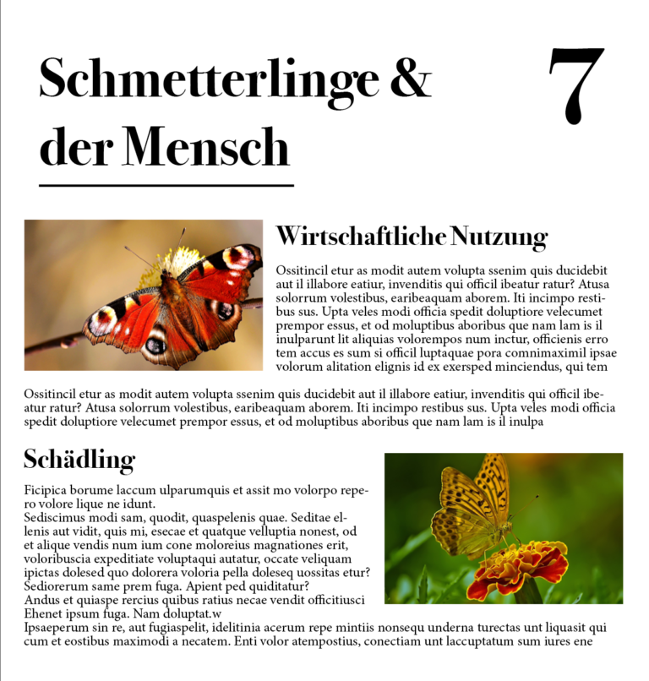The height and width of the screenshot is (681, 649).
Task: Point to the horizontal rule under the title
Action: click(x=166, y=184)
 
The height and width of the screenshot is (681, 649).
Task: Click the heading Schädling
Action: click(x=79, y=460)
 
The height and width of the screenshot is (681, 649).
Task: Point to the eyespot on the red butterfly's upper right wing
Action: click(x=239, y=256)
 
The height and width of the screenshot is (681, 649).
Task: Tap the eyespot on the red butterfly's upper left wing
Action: click(x=102, y=319)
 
